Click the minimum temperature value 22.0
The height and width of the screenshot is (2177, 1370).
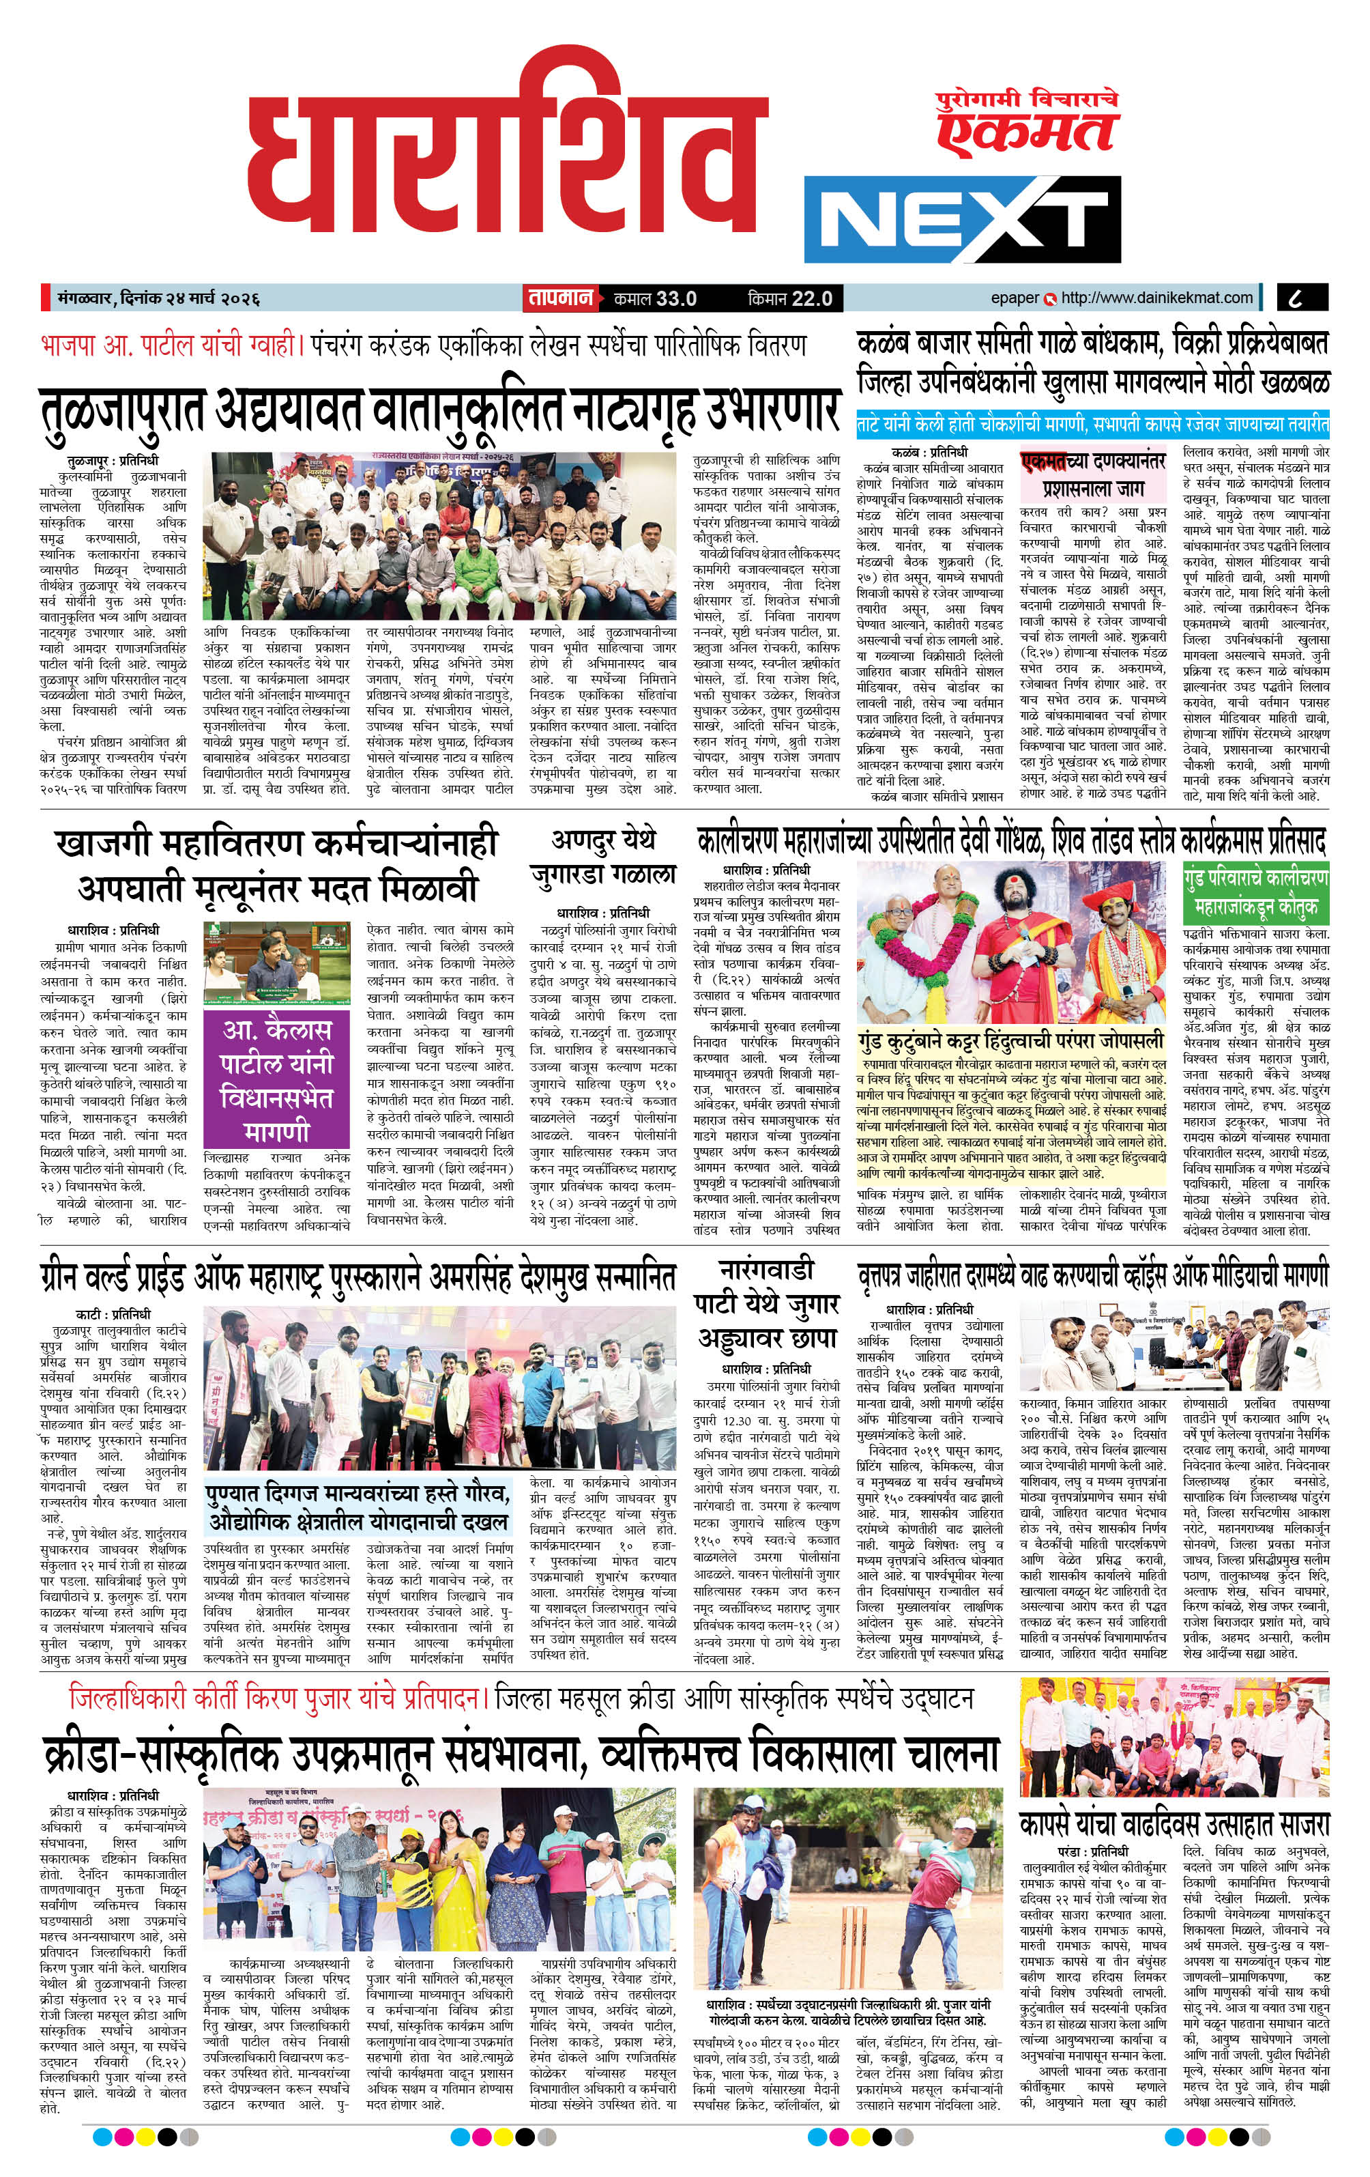[x=811, y=298]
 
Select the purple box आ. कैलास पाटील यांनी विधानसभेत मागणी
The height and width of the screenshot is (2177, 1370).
[x=276, y=1079]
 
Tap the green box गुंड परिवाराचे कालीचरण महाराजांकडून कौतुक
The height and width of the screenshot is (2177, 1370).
[x=1255, y=892]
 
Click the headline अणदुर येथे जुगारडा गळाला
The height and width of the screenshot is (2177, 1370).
[x=602, y=857]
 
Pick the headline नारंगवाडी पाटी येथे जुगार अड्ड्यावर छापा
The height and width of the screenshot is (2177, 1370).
[x=766, y=1303]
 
